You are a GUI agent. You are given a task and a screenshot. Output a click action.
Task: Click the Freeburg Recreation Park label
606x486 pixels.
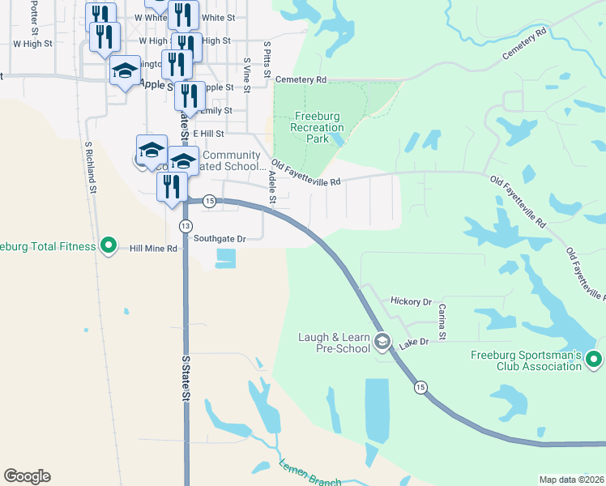(316, 127)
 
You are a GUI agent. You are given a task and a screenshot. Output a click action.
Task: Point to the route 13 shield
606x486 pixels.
(186, 225)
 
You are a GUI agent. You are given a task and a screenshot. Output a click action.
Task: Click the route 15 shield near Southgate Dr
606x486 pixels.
(209, 202)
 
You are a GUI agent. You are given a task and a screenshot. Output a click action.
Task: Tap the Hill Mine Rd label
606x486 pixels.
(153, 249)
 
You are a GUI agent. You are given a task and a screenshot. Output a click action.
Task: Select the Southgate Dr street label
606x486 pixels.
(219, 238)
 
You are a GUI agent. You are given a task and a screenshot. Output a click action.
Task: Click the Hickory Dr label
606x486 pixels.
(411, 301)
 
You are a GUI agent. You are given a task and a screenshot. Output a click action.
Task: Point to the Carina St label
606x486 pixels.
(442, 322)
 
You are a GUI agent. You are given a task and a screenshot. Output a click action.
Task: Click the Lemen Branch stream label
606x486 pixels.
(309, 474)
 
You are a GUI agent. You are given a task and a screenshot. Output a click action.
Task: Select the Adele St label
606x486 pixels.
(272, 188)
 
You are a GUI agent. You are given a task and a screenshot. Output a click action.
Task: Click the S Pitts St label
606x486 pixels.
(267, 57)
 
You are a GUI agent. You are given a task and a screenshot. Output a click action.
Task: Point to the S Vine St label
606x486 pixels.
(247, 72)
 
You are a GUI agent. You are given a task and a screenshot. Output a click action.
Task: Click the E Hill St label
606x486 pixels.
(207, 133)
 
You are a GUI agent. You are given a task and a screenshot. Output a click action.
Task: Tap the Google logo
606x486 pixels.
(27, 476)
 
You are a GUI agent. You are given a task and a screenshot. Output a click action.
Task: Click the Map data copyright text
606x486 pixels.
(570, 480)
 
